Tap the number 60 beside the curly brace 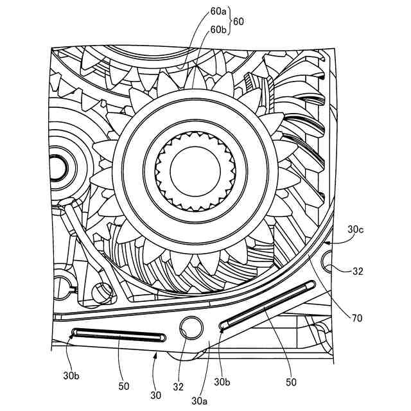[239, 21]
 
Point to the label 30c [356, 229]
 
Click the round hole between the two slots [191, 326]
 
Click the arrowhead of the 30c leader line [327, 243]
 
